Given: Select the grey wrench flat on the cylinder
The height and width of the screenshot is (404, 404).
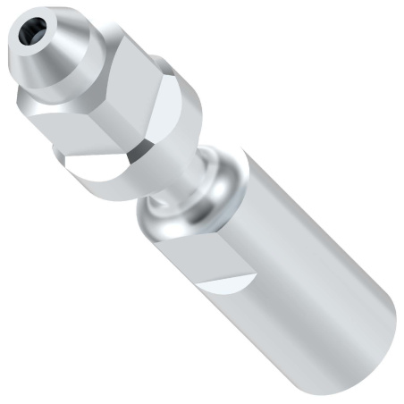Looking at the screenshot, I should tap(192, 255).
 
